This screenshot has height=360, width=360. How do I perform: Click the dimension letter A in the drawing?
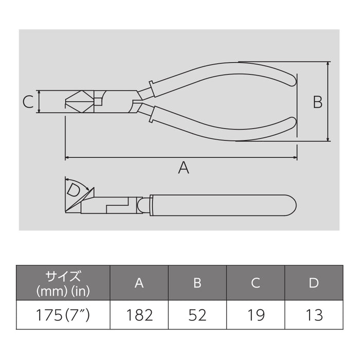pyautogui.click(x=183, y=168)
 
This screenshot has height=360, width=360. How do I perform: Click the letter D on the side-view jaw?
pyautogui.click(x=74, y=191)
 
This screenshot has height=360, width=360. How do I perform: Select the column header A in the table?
pyautogui.click(x=139, y=282)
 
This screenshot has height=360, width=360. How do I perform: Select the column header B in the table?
pyautogui.click(x=197, y=282)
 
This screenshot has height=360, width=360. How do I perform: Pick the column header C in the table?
pyautogui.click(x=256, y=282)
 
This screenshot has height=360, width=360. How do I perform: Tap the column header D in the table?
pyautogui.click(x=314, y=282)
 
